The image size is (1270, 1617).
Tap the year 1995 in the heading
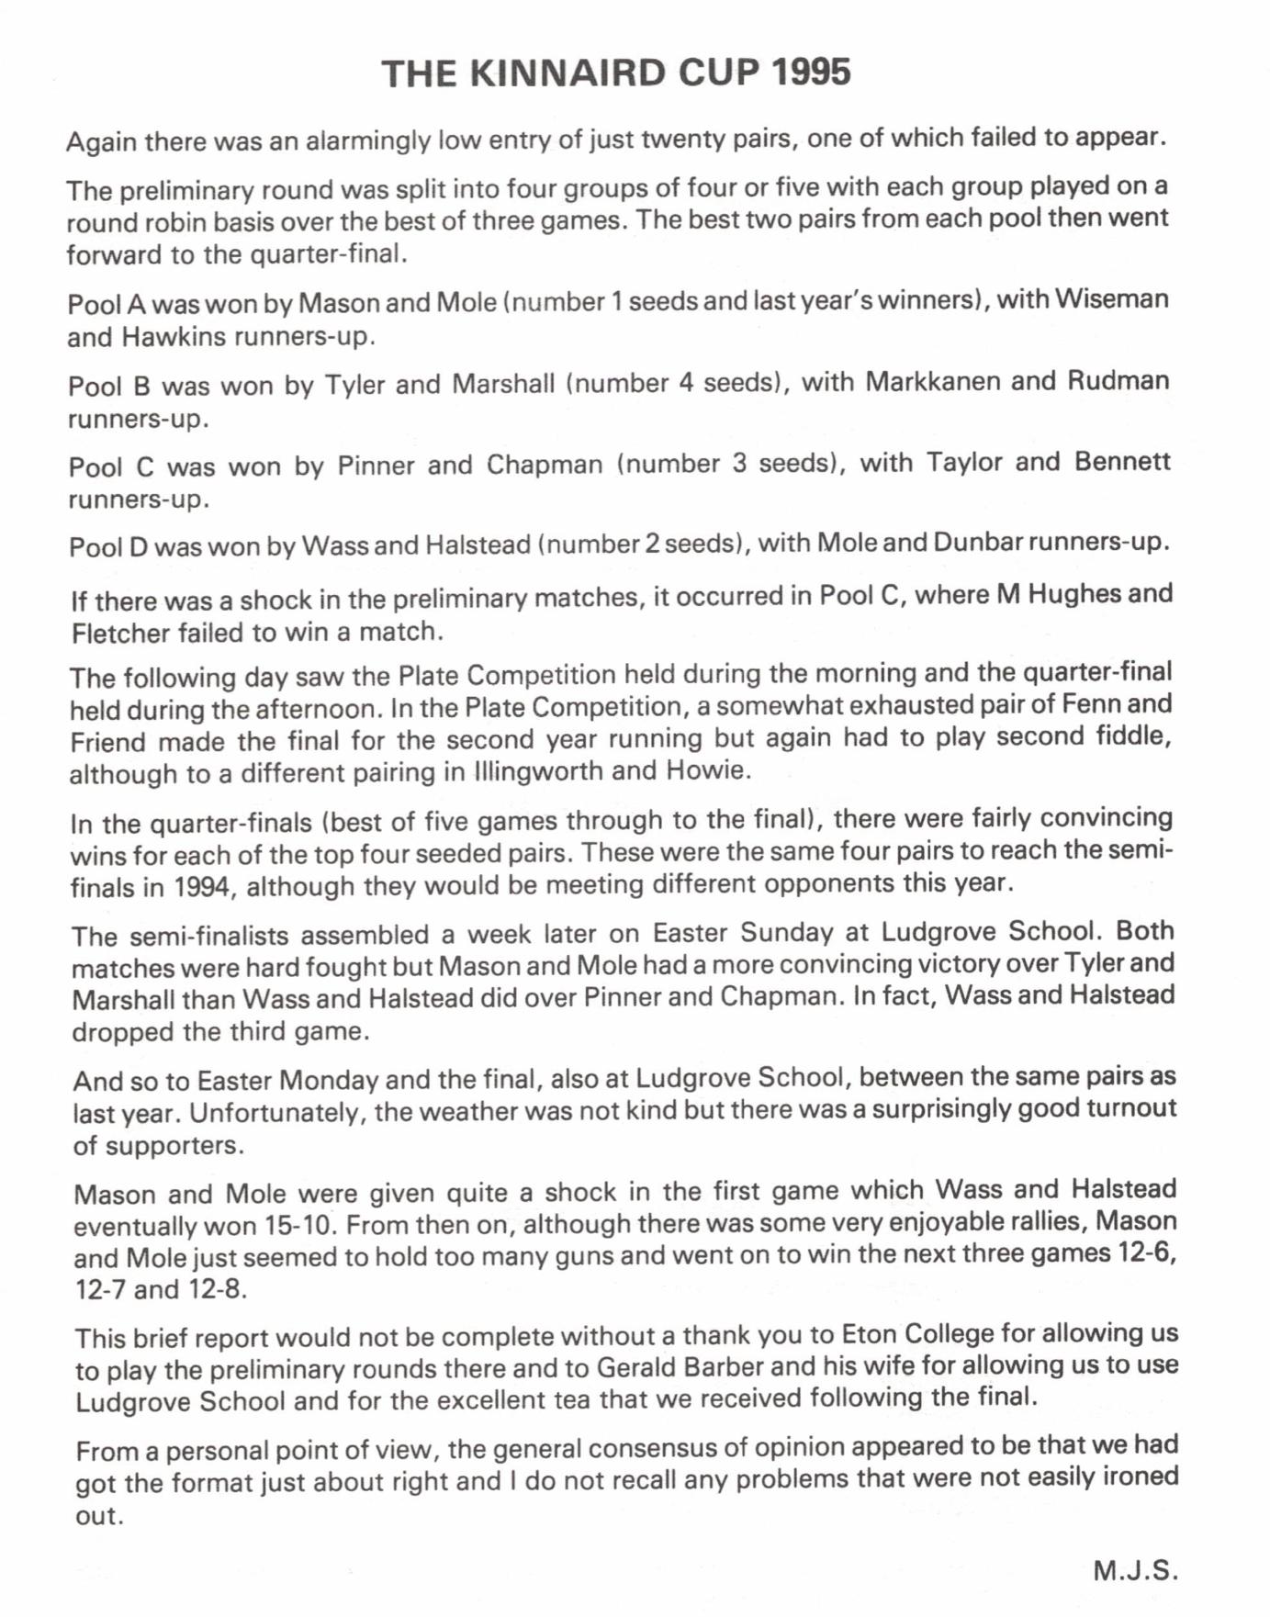tap(812, 72)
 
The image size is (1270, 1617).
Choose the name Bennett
tap(1122, 460)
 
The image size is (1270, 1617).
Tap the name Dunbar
tap(977, 542)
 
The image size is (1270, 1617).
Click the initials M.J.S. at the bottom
tap(1134, 1569)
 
